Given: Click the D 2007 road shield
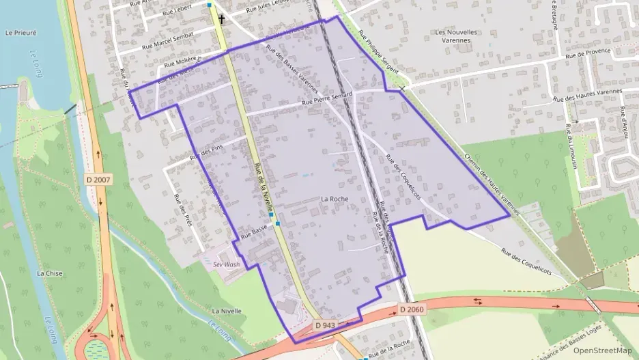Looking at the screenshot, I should pyautogui.click(x=98, y=180).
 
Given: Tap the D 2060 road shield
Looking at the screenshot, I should pyautogui.click(x=412, y=309).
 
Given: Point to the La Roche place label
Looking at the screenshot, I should pyautogui.click(x=335, y=199).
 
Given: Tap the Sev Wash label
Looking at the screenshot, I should pyautogui.click(x=226, y=264).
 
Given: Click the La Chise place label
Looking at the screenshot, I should pyautogui.click(x=50, y=273).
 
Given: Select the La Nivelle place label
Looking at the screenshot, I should pyautogui.click(x=227, y=311).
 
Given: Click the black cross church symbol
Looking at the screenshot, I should pyautogui.click(x=222, y=20).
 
